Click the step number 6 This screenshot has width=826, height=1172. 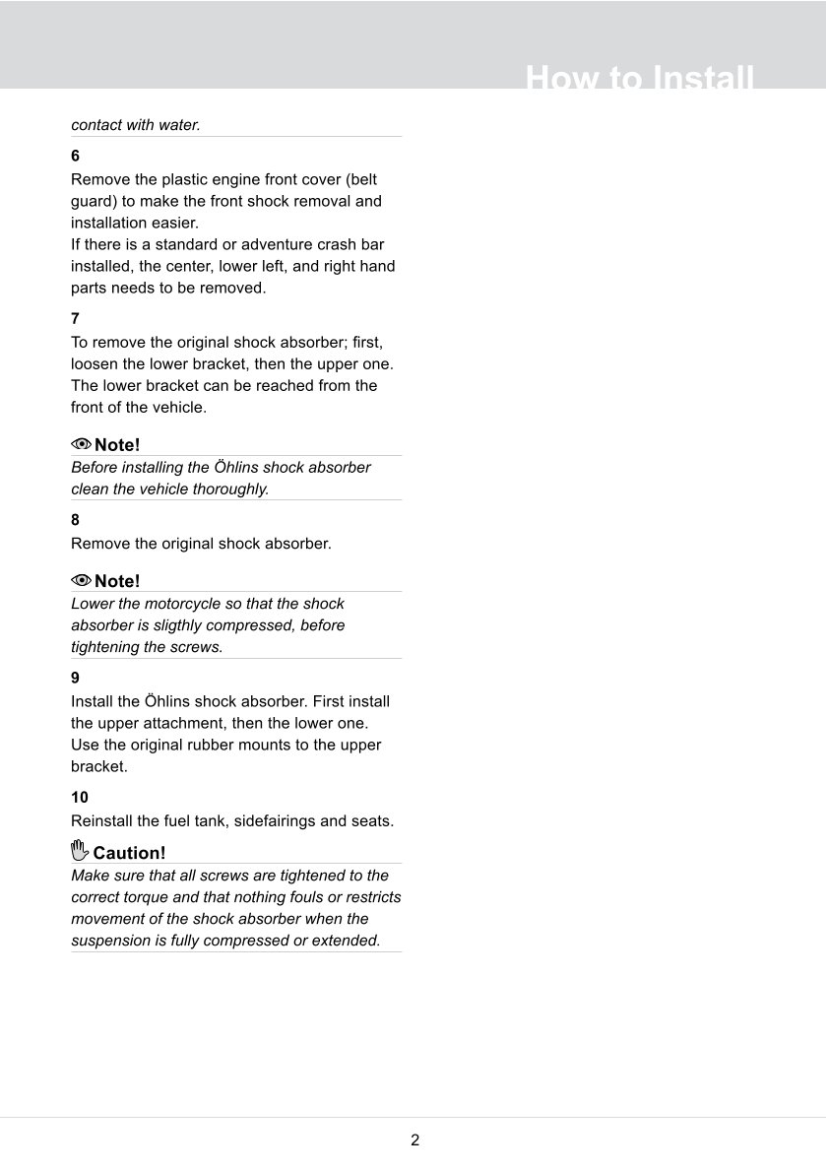(x=76, y=157)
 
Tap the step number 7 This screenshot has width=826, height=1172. (x=76, y=319)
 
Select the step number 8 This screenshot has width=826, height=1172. (x=76, y=520)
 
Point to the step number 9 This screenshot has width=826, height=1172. (x=76, y=679)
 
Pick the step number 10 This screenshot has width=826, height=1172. (x=80, y=798)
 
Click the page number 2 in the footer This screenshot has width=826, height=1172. (x=414, y=1140)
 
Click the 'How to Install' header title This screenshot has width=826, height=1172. (x=640, y=78)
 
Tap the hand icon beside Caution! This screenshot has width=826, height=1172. (x=80, y=851)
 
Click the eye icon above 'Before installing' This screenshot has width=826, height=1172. (x=81, y=444)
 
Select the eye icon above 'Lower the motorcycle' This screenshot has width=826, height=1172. (x=81, y=580)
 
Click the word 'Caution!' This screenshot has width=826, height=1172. (x=129, y=853)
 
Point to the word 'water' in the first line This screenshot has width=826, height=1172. (x=177, y=125)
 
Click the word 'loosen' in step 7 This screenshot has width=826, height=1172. (x=96, y=364)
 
